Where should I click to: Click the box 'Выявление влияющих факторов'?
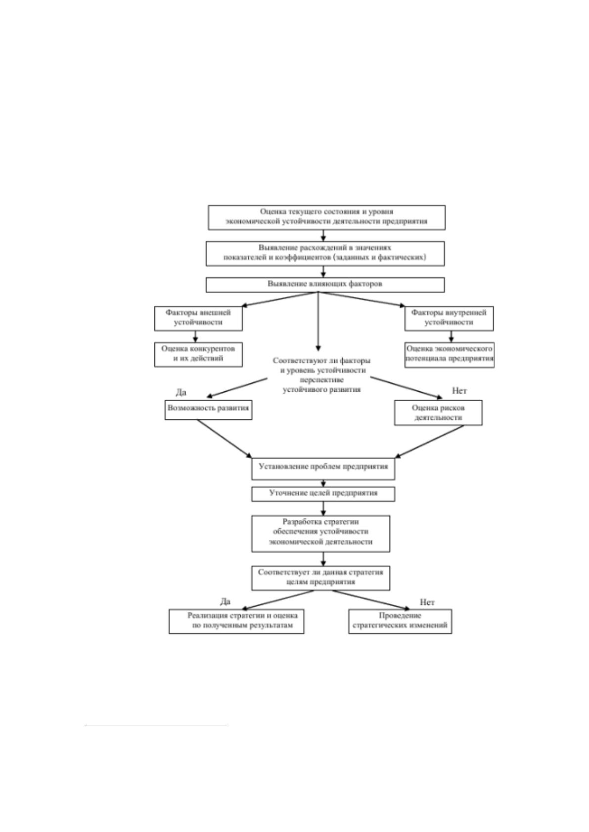325,285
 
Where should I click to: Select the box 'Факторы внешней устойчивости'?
198,318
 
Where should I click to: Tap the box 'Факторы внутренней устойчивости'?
449,318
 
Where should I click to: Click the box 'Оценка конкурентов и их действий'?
198,354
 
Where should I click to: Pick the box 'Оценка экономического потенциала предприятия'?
449,355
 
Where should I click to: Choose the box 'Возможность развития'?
208,410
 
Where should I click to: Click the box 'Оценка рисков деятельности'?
438,412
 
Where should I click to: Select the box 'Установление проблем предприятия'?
323,469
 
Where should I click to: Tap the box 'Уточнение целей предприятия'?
323,494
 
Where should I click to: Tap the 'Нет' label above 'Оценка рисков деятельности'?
459,391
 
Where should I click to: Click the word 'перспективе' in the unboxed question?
321,380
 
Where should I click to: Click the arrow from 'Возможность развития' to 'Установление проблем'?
224,439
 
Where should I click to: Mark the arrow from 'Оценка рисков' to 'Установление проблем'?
429,442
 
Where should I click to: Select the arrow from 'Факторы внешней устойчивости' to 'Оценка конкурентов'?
195,336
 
